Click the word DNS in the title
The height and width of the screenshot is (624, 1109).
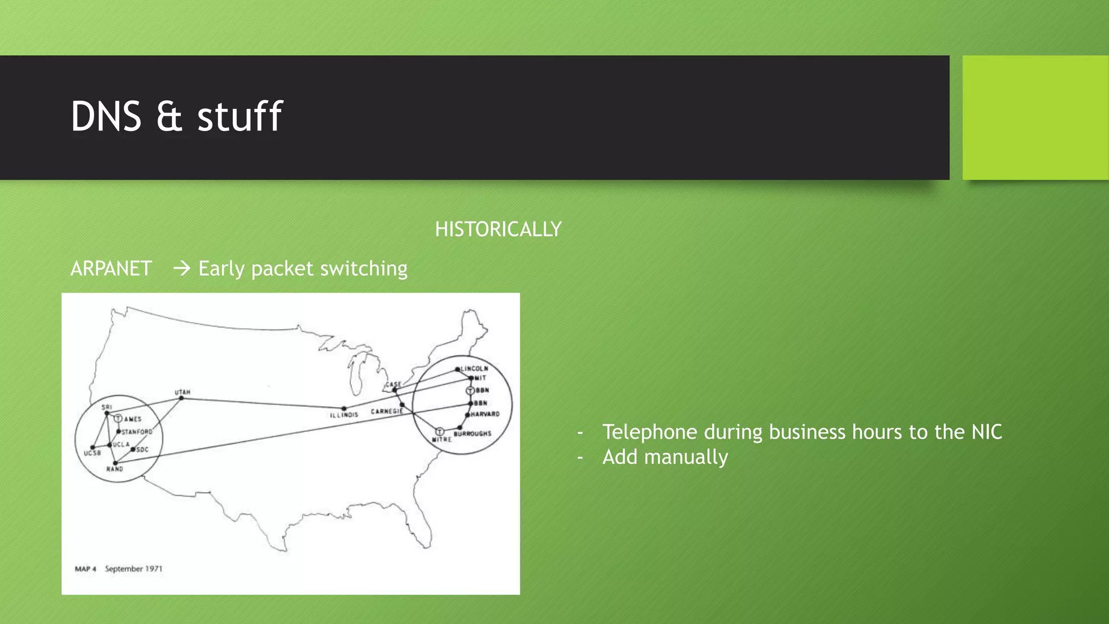pos(106,116)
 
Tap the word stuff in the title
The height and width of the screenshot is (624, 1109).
pos(239,116)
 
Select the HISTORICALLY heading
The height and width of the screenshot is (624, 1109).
pos(498,229)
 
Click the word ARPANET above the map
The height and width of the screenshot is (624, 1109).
pos(111,269)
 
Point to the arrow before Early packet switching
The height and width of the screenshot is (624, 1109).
pos(181,268)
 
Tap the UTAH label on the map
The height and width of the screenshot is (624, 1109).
pos(182,392)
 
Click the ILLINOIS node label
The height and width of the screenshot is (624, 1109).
pos(344,415)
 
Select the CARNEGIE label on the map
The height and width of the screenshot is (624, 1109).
pos(387,412)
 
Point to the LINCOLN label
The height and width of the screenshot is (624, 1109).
pos(474,368)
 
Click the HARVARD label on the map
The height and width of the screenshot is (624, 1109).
pos(485,414)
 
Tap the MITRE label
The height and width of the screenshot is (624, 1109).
pos(441,439)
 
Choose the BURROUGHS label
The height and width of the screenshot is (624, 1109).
pos(472,434)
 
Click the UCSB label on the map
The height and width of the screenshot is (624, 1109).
pos(92,453)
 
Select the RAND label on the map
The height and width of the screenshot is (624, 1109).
pos(114,469)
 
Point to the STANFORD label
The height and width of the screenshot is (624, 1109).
pos(137,432)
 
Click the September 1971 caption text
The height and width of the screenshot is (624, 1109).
pos(133,569)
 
